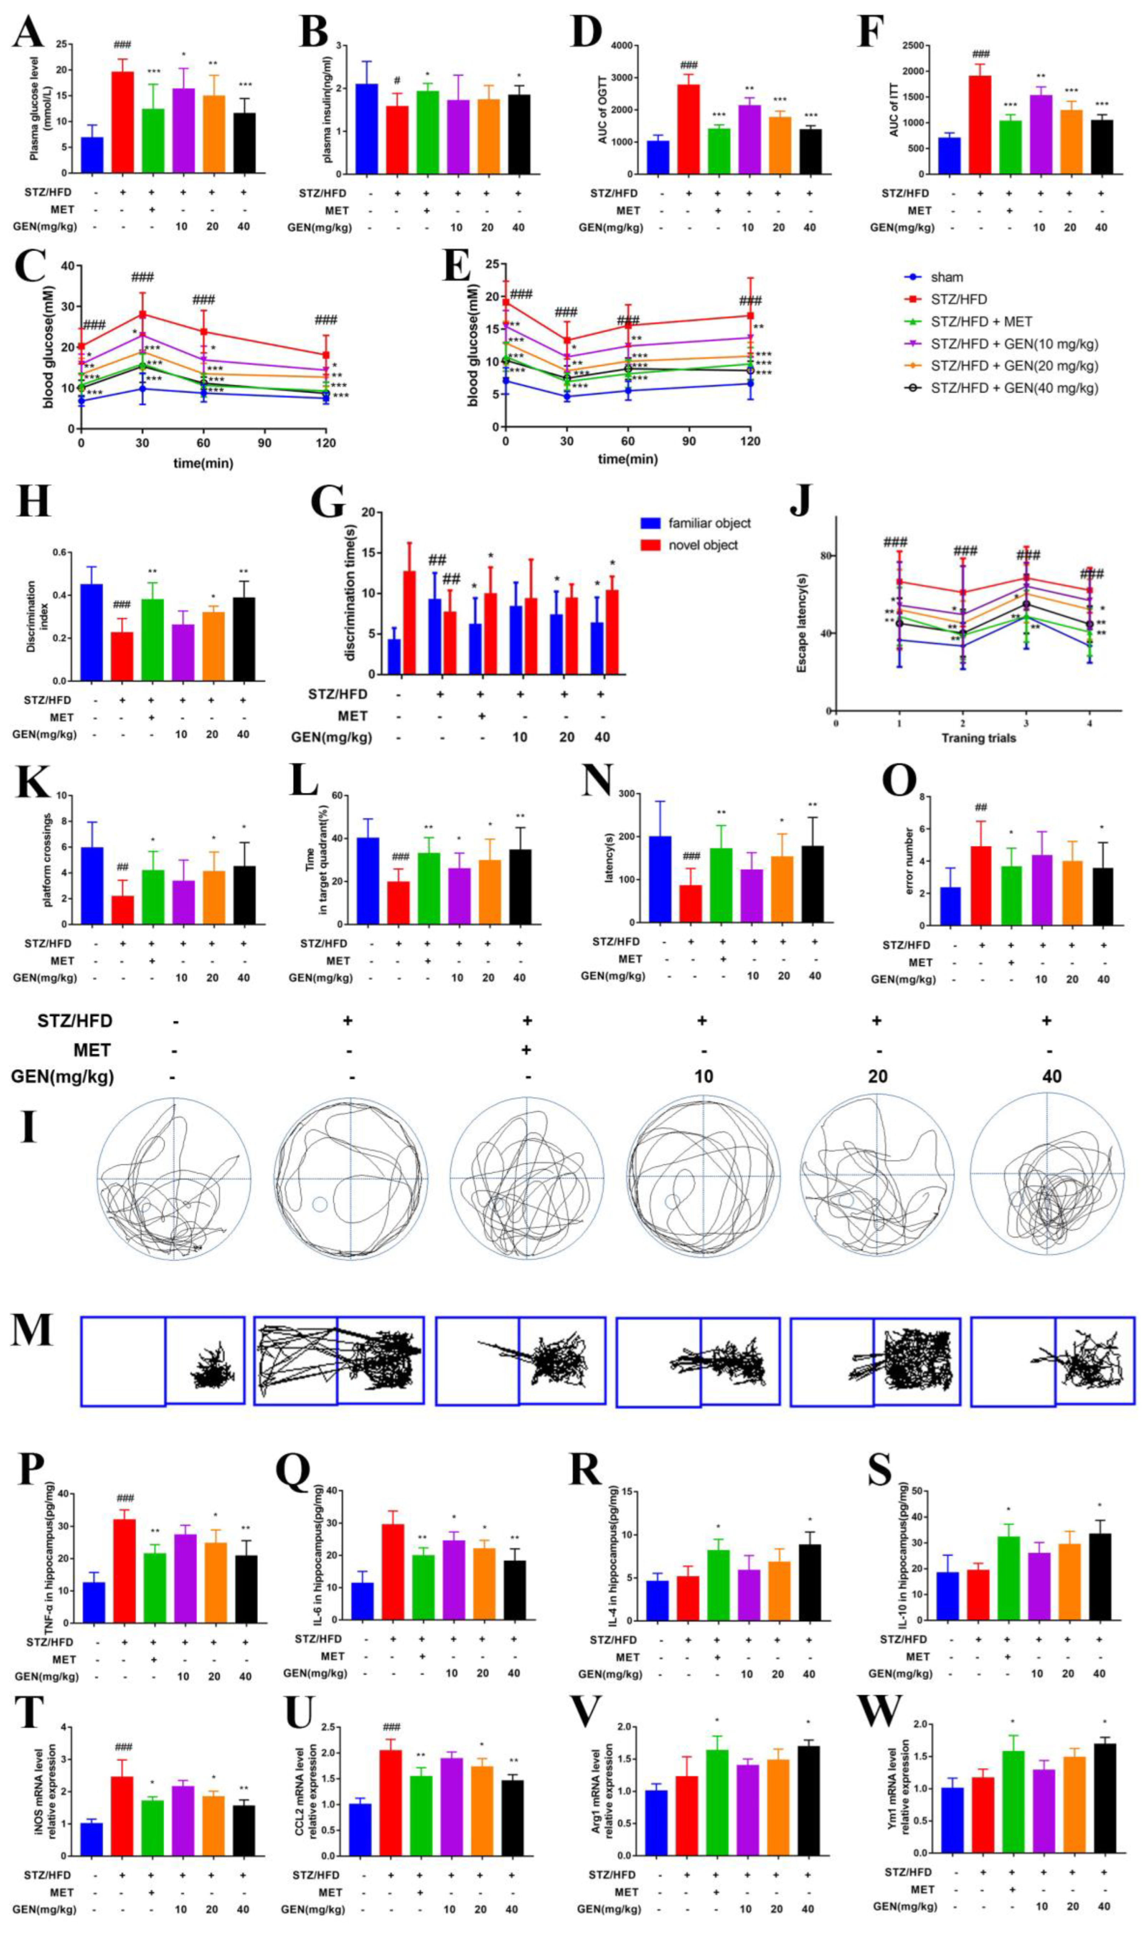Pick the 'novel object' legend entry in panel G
click(702, 545)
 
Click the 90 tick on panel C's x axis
click(264, 442)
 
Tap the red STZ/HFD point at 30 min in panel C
click(142, 314)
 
